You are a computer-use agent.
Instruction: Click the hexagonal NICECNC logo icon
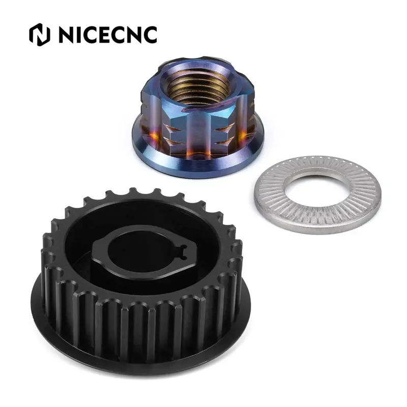click(40, 35)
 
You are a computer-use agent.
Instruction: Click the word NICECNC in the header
click(108, 35)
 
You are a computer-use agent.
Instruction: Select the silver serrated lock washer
click(317, 194)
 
